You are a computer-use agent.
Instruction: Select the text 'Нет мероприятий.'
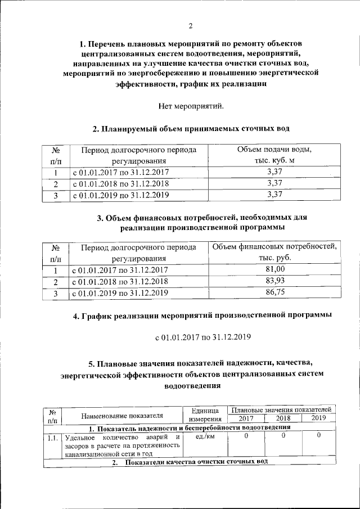click(191, 105)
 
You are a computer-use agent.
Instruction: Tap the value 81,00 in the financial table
click(274, 270)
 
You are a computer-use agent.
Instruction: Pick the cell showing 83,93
click(274, 281)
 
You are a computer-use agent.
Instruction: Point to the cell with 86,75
click(274, 292)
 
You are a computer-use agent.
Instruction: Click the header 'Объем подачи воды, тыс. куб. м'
click(274, 155)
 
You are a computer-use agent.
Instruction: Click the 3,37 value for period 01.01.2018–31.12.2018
click(274, 183)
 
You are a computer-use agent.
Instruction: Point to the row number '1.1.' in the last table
click(53, 436)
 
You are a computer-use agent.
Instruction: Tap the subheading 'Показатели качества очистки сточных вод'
click(196, 462)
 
